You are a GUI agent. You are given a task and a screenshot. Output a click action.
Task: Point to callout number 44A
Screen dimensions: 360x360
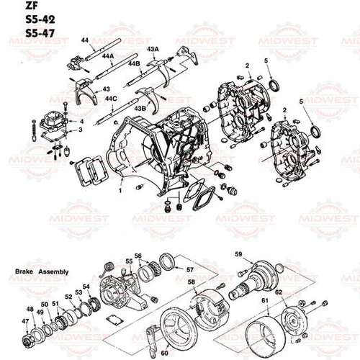(x=107, y=55)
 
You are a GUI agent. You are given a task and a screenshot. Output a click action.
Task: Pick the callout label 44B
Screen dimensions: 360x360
(x=134, y=64)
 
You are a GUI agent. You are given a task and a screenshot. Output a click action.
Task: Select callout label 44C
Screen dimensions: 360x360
(x=111, y=97)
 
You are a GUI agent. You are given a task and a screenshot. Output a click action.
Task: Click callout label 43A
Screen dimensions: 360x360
(x=153, y=48)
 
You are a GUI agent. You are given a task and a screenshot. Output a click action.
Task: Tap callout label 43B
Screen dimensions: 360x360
(x=140, y=107)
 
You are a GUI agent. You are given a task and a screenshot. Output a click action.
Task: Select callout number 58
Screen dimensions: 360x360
(x=191, y=282)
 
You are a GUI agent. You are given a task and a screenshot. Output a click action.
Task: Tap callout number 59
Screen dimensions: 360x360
(x=239, y=253)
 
